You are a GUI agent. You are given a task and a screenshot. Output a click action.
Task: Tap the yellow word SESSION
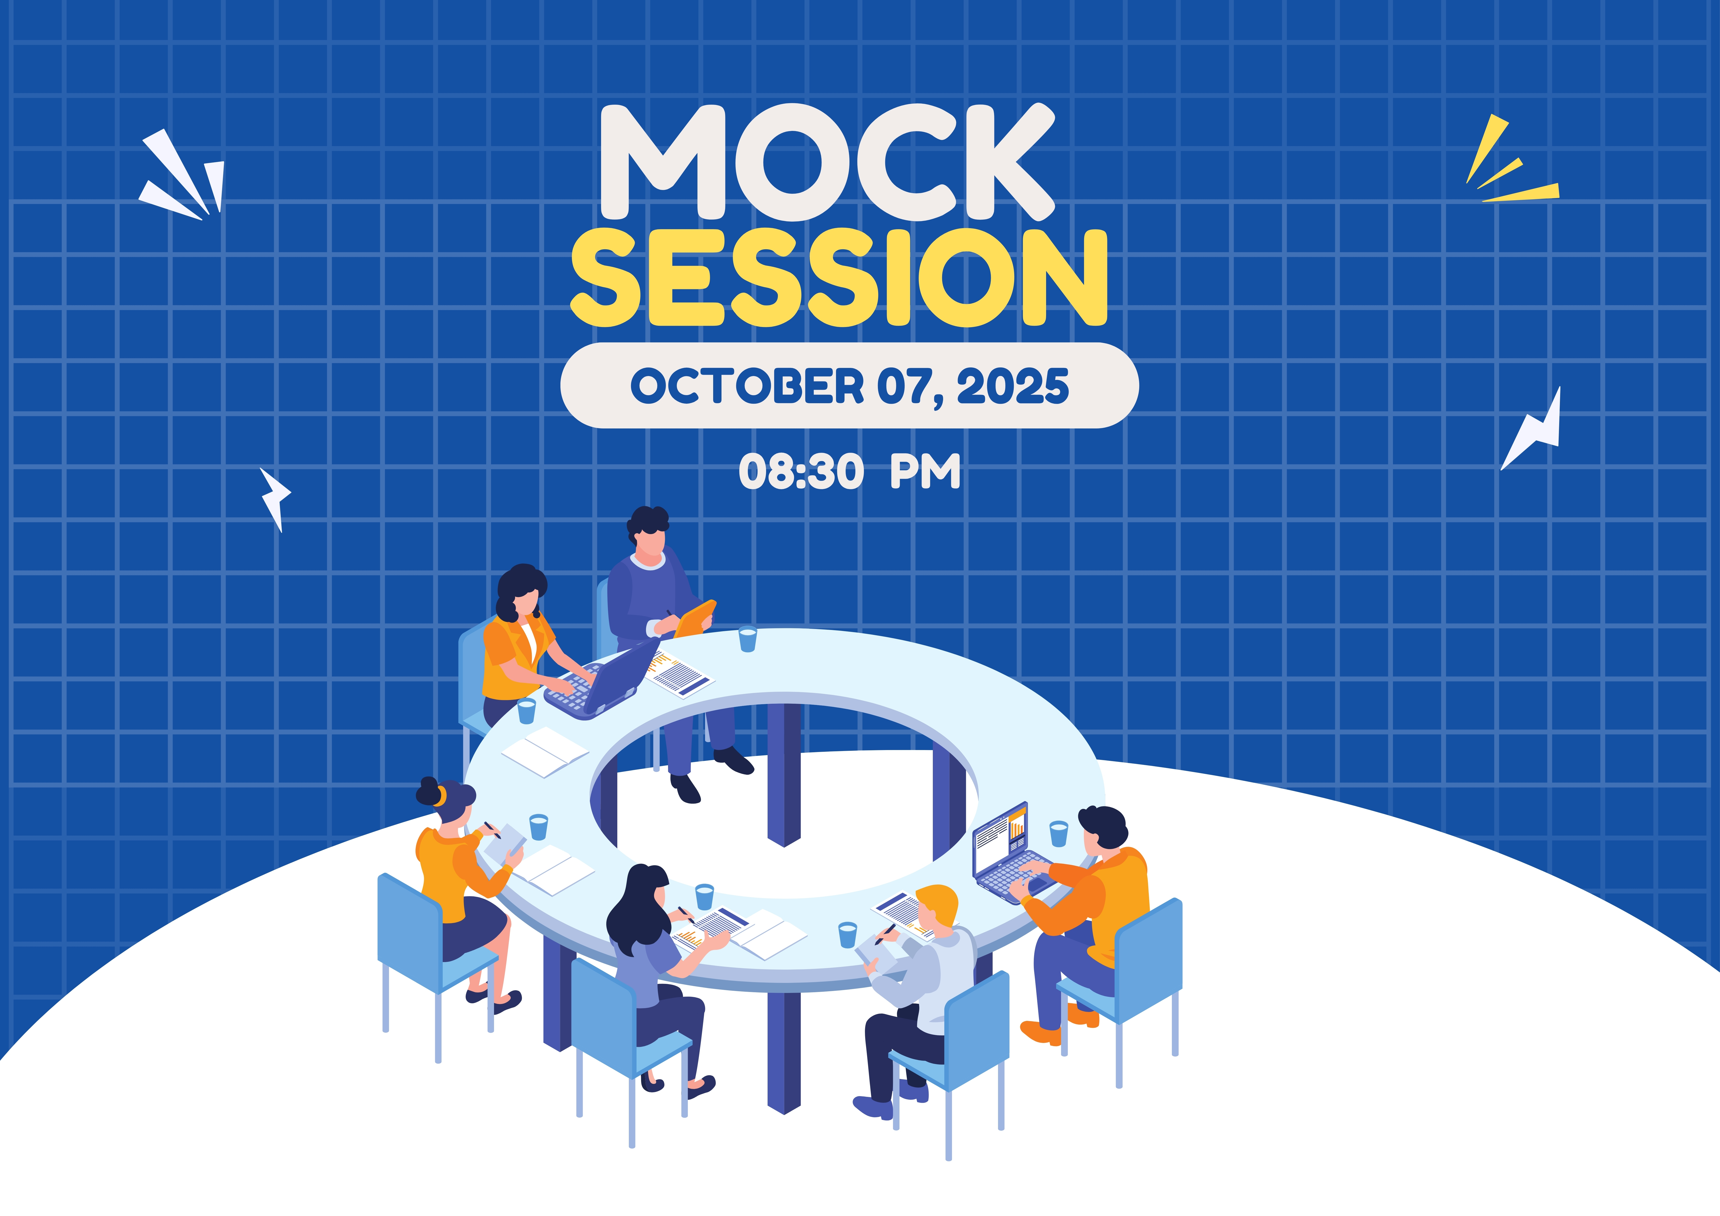click(839, 279)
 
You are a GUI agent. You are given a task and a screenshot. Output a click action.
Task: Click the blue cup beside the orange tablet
click(748, 639)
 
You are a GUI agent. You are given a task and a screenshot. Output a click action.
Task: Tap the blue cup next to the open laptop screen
click(1059, 833)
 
